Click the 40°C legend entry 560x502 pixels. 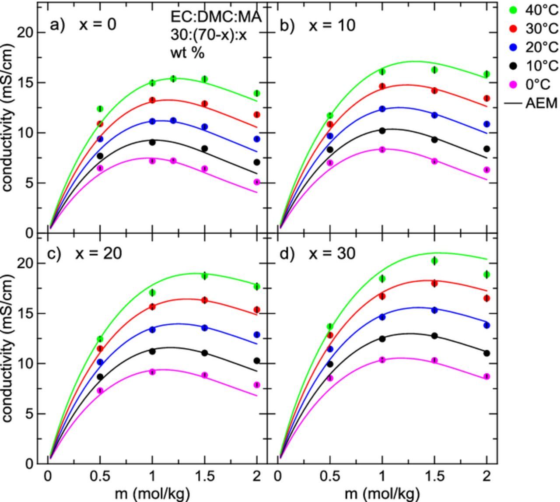pos(534,10)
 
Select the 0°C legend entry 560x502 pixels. pos(534,84)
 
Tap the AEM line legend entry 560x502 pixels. pos(533,103)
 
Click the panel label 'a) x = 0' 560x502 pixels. pos(83,25)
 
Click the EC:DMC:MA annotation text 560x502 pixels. pos(216,17)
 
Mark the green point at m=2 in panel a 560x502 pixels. pos(257,93)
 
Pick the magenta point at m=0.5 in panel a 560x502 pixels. pos(100,168)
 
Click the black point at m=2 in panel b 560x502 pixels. pos(486,149)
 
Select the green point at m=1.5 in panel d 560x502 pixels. pos(434,261)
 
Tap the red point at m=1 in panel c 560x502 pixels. pos(152,307)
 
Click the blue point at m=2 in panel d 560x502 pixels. pos(486,325)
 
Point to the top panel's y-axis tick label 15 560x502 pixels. pos(25,83)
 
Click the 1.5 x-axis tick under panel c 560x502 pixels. pos(204,476)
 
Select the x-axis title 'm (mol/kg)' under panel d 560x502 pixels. pos(382,494)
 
